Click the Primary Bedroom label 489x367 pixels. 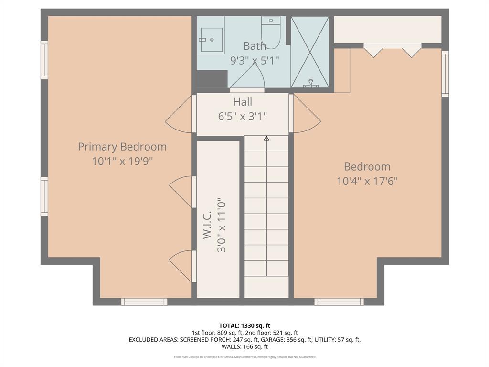(122, 147)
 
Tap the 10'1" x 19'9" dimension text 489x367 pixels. (122, 162)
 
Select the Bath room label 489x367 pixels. (255, 46)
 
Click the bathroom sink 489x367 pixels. (211, 39)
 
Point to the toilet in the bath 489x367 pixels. (270, 33)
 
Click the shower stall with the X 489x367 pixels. (310, 52)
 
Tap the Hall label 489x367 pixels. (243, 102)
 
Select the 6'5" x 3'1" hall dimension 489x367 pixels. (243, 116)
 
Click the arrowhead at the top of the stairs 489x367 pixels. (266, 139)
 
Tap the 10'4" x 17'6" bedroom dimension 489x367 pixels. (367, 181)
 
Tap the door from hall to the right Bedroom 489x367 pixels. (306, 114)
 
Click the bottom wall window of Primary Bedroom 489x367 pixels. (144, 302)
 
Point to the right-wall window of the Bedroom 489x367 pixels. (445, 74)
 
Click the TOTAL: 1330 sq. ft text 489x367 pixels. (244, 325)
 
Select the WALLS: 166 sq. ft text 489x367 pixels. (244, 346)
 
